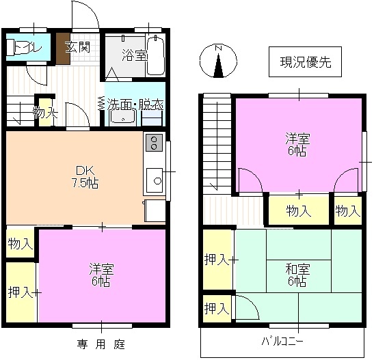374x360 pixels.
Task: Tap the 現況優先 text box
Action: point(306,62)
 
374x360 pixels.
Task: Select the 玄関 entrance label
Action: point(77,47)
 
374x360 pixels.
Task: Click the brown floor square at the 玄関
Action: point(63,49)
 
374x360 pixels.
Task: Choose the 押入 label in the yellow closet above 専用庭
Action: point(20,292)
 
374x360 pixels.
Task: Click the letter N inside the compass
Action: point(218,48)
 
